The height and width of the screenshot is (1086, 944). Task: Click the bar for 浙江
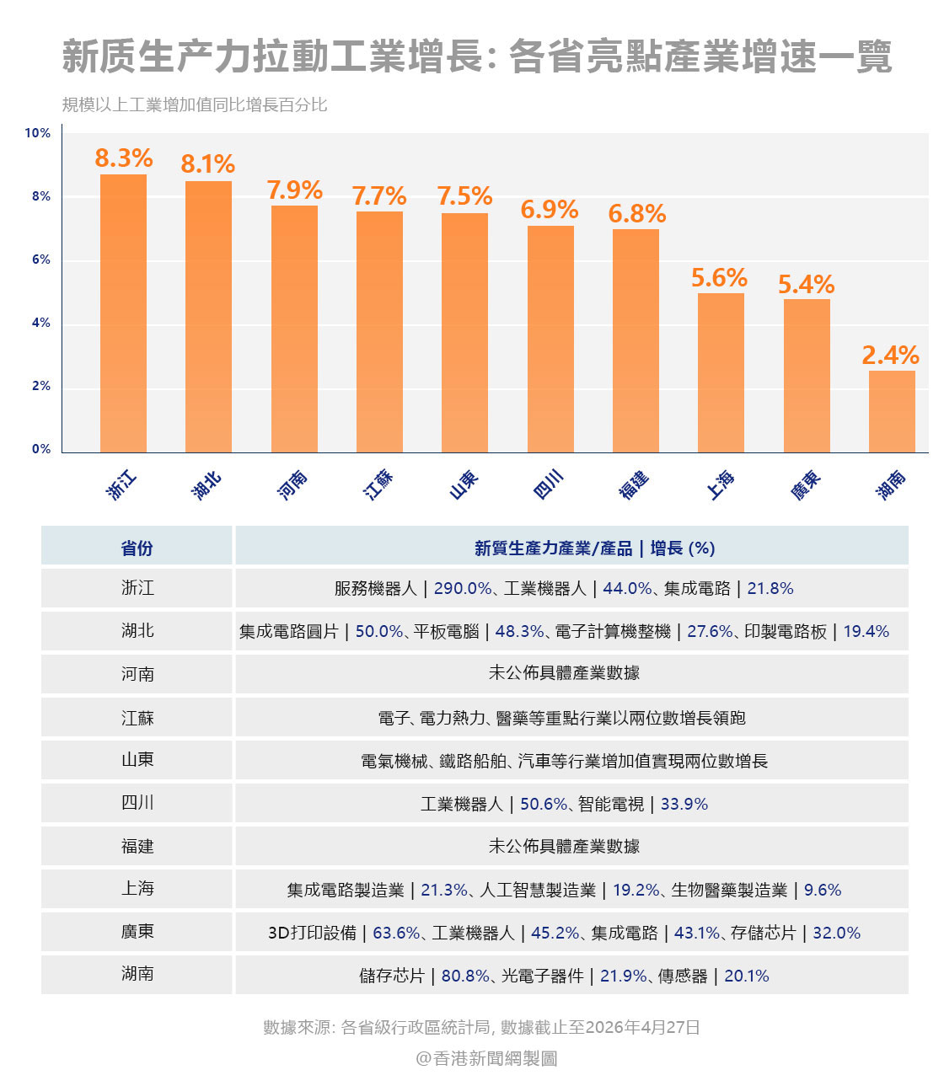(x=123, y=313)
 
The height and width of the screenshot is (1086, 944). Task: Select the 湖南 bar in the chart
(x=892, y=411)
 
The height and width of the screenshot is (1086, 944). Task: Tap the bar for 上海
(x=721, y=372)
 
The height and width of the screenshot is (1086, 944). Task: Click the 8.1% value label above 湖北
(x=207, y=163)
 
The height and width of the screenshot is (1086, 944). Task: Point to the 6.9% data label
(x=550, y=209)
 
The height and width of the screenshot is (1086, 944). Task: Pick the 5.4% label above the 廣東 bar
(x=806, y=284)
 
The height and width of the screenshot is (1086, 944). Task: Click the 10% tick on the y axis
(x=38, y=133)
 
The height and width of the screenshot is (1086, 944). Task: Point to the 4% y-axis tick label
(x=41, y=323)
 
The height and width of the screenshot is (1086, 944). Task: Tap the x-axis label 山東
(x=464, y=484)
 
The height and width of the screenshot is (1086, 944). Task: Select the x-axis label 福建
(x=634, y=484)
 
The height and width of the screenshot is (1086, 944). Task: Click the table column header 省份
(x=137, y=548)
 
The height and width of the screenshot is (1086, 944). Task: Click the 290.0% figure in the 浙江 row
(x=463, y=588)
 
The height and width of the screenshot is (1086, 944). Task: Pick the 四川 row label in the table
(x=137, y=803)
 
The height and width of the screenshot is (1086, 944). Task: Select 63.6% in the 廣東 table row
(x=396, y=933)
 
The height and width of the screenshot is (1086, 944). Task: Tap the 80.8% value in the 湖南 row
(x=465, y=976)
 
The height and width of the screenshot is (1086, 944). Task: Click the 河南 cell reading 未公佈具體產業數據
(x=564, y=673)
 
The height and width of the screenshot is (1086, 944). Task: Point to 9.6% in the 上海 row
(x=823, y=890)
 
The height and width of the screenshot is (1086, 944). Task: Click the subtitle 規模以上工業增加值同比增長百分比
(x=195, y=105)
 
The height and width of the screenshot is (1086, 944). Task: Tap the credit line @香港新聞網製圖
(x=486, y=1058)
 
